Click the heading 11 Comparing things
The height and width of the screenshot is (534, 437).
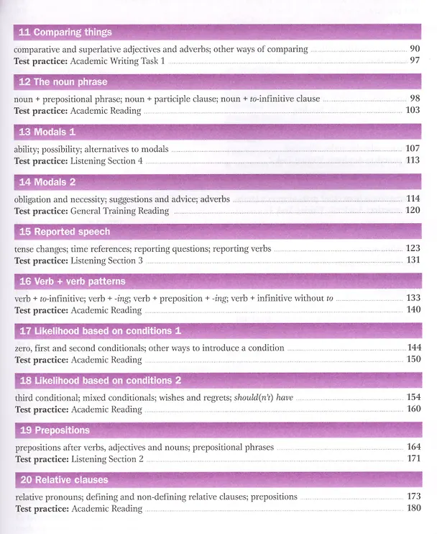click(65, 32)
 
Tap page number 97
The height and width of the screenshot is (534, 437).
click(415, 60)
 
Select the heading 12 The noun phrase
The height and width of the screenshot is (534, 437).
click(63, 82)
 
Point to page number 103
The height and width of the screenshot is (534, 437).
click(413, 110)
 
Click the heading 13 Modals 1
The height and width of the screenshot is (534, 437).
click(47, 132)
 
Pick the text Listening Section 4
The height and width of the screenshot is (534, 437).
click(106, 160)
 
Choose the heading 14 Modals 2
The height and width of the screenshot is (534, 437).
click(47, 182)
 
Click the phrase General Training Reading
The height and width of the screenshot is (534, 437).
click(120, 211)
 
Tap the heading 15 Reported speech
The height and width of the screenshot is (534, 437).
click(65, 232)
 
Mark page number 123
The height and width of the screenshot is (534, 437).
click(413, 248)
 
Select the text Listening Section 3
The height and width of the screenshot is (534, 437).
click(107, 261)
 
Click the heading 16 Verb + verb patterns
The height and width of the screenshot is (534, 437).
click(73, 281)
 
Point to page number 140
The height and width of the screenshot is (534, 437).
click(413, 309)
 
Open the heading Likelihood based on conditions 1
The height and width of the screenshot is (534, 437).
click(108, 331)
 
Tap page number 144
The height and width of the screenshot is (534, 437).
click(414, 348)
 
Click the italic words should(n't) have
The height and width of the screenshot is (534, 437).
click(264, 398)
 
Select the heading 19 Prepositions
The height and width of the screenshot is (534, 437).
click(55, 430)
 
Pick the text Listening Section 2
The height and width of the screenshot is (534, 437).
click(108, 459)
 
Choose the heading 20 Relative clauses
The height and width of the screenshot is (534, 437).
click(64, 480)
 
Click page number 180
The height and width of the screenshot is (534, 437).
click(414, 508)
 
